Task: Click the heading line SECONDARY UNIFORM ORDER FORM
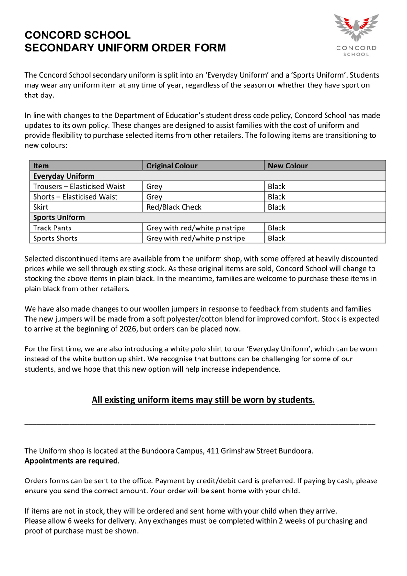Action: tap(125, 48)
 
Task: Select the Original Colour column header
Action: tap(172, 166)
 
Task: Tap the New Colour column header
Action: tap(288, 166)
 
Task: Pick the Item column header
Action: tap(41, 166)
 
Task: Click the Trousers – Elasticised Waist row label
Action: tap(79, 186)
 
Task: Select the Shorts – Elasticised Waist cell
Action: tap(75, 197)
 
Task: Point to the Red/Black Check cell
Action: tap(174, 207)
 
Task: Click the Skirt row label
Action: tap(40, 207)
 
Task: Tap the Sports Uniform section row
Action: tap(59, 217)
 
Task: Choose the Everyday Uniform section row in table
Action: tap(64, 176)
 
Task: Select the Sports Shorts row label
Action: tap(55, 239)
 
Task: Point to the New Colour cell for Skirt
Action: tap(277, 207)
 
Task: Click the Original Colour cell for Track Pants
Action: tap(195, 228)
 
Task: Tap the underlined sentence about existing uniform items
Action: tap(203, 400)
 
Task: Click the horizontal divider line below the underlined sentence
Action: tap(199, 423)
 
